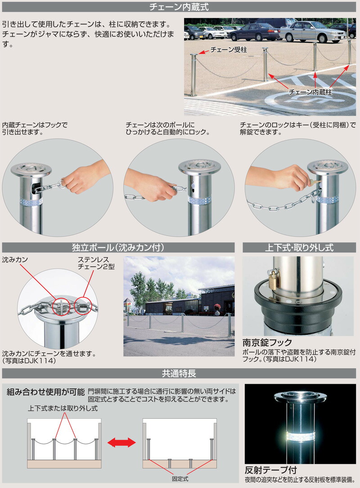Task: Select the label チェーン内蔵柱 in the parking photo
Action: pyautogui.click(x=310, y=91)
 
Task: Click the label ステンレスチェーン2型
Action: pyautogui.click(x=96, y=263)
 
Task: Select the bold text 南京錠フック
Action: pyautogui.click(x=267, y=343)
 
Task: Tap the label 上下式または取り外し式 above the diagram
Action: pyautogui.click(x=63, y=409)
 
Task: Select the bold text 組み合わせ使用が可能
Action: pyautogui.click(x=46, y=392)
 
